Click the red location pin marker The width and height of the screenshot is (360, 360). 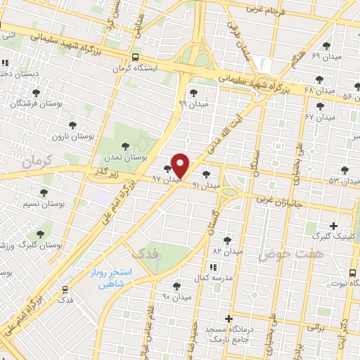tap(181, 165)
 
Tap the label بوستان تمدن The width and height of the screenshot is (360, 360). tap(143, 158)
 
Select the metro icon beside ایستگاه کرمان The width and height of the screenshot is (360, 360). tap(134, 58)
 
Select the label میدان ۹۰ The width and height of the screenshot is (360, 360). tap(176, 296)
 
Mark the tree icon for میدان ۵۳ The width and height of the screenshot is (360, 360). tap(345, 169)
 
